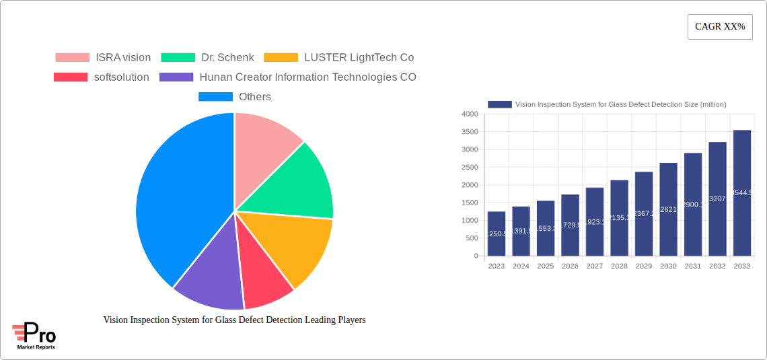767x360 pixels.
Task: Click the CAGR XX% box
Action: coord(720,27)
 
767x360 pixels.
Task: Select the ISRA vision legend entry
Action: coord(103,58)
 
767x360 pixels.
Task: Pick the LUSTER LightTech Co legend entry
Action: coord(339,58)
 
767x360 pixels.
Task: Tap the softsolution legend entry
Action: coord(102,77)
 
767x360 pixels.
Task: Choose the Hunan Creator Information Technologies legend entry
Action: coord(288,77)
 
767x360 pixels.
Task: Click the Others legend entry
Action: coord(235,97)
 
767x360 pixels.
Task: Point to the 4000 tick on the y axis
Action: coord(470,114)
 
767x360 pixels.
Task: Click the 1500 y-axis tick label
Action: coord(470,203)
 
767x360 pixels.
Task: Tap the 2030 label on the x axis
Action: coord(668,266)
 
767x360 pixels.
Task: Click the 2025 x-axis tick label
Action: coord(546,266)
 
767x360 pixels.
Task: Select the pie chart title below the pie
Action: coord(234,320)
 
